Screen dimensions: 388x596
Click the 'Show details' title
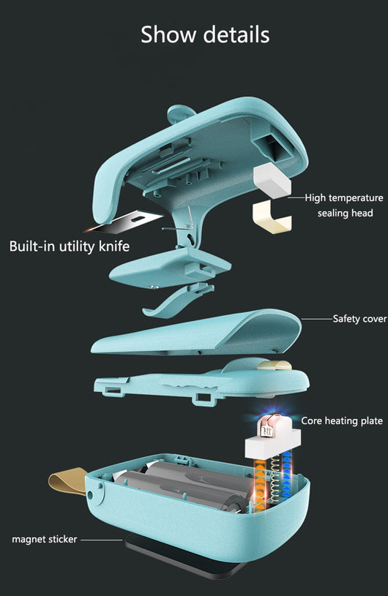tap(205, 34)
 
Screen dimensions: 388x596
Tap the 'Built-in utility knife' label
tap(70, 246)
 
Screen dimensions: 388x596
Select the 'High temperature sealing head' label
tap(344, 205)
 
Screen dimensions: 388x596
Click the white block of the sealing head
tap(272, 180)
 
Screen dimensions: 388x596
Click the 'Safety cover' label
tap(360, 319)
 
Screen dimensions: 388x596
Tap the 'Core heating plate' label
tap(342, 420)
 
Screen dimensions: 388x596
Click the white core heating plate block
tap(273, 441)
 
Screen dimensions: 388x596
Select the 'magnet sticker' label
tap(45, 539)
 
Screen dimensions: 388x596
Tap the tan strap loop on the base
tap(67, 481)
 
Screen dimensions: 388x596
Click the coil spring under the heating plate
tap(274, 480)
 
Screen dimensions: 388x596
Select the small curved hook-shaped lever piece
tap(177, 301)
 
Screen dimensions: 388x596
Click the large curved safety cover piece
tap(196, 332)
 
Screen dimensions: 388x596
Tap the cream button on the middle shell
tap(275, 365)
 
